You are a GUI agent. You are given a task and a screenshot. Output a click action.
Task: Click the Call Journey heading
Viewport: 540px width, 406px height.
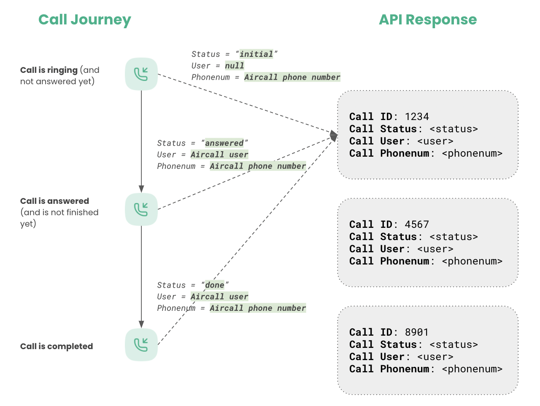click(84, 20)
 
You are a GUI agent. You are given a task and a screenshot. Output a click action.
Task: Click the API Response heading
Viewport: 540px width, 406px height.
click(427, 20)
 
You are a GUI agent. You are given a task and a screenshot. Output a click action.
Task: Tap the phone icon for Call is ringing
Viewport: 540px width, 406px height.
click(141, 74)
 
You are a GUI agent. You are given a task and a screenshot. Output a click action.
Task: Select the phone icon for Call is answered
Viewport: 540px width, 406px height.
click(141, 209)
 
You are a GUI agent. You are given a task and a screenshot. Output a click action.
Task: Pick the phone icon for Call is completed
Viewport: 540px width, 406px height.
click(141, 345)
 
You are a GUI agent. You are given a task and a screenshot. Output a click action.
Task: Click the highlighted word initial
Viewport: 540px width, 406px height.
click(256, 54)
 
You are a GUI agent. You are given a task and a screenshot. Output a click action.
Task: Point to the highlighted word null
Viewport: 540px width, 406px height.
click(235, 66)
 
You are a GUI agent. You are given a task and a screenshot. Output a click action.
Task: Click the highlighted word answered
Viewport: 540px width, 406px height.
click(224, 143)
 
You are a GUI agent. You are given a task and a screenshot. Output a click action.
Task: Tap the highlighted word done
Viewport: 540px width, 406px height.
click(214, 285)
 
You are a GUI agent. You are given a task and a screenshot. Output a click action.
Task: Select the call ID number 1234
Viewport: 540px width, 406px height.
click(416, 117)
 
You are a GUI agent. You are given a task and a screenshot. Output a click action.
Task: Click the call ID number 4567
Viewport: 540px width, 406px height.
click(416, 224)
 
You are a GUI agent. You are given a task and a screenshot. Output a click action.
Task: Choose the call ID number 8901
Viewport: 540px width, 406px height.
click(416, 332)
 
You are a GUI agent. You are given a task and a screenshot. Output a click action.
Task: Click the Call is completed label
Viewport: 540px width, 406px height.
click(57, 346)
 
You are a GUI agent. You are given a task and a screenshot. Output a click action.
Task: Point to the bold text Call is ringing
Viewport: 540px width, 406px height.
click(49, 70)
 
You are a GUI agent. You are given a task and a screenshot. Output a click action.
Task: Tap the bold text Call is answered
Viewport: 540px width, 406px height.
click(54, 201)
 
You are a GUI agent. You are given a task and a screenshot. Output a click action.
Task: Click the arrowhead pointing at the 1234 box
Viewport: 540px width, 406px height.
click(334, 136)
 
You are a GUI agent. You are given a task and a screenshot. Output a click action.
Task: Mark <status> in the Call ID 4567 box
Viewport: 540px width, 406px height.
click(454, 237)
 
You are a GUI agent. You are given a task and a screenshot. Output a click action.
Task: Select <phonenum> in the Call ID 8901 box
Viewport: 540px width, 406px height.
click(472, 369)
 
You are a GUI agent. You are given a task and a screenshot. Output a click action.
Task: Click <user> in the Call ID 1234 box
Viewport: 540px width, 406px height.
click(435, 141)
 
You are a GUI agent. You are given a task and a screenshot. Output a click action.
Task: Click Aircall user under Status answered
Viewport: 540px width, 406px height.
click(219, 155)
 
